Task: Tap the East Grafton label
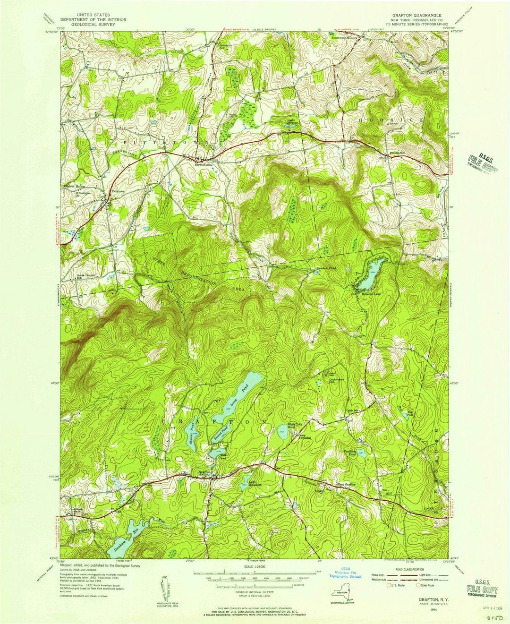pos(345,484)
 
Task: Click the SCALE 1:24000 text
pos(255,567)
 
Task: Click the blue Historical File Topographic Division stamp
pos(348,573)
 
